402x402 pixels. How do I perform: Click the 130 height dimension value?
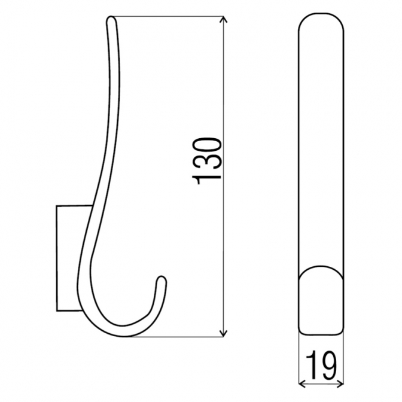[206, 161]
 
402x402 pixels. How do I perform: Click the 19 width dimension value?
[321, 366]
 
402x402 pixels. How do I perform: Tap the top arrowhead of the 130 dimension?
[224, 20]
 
